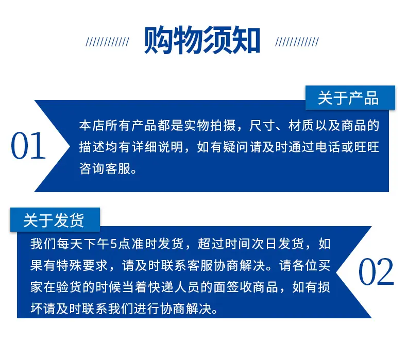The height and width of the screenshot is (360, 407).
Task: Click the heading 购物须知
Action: tap(202, 40)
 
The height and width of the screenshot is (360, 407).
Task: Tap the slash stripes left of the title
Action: tap(107, 42)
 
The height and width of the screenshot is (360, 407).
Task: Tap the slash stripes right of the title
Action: tap(297, 42)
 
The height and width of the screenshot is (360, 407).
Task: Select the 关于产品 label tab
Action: tap(350, 97)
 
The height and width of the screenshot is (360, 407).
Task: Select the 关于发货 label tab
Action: tap(55, 220)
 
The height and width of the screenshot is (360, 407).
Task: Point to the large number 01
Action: tap(28, 146)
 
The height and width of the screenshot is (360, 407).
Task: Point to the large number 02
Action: tap(376, 271)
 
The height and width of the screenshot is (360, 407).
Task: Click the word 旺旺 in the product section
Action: tap(366, 147)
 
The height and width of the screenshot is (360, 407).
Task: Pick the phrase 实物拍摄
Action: tap(210, 126)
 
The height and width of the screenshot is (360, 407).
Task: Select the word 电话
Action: tap(328, 147)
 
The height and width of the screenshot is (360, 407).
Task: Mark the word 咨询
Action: tap(92, 169)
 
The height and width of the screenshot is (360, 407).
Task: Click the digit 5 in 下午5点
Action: tap(114, 244)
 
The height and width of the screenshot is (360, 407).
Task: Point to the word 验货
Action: tap(70, 287)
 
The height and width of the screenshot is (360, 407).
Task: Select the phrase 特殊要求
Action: tap(82, 266)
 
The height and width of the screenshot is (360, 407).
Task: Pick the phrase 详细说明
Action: tap(158, 147)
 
